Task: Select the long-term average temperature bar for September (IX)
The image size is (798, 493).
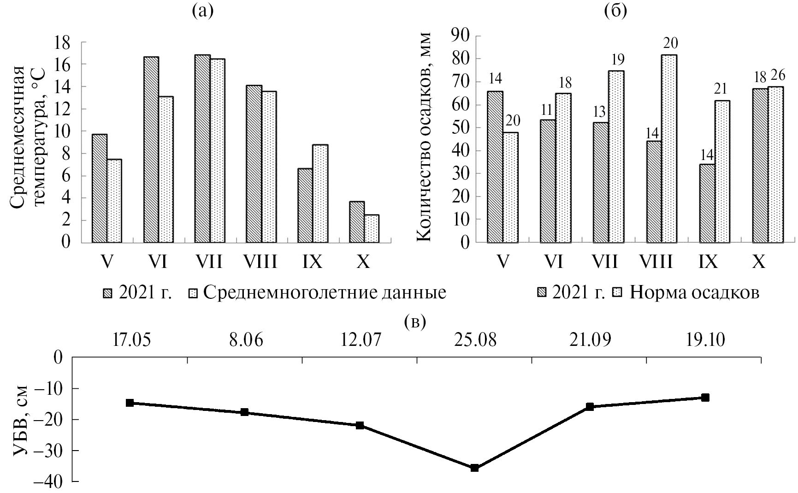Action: point(320,194)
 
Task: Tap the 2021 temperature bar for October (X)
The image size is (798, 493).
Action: point(356,222)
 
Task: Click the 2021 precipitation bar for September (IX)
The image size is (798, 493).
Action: point(707,203)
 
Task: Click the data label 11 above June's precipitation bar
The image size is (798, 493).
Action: point(547,110)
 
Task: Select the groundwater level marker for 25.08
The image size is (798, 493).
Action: point(474,468)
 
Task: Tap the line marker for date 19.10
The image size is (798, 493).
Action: point(704,397)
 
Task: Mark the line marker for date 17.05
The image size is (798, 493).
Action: point(130,403)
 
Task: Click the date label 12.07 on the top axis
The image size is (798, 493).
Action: point(362,341)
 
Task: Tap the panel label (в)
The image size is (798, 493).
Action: point(415,321)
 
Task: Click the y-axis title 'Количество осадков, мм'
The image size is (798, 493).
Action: point(424,136)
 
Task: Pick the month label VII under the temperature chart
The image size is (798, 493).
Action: point(208,262)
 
